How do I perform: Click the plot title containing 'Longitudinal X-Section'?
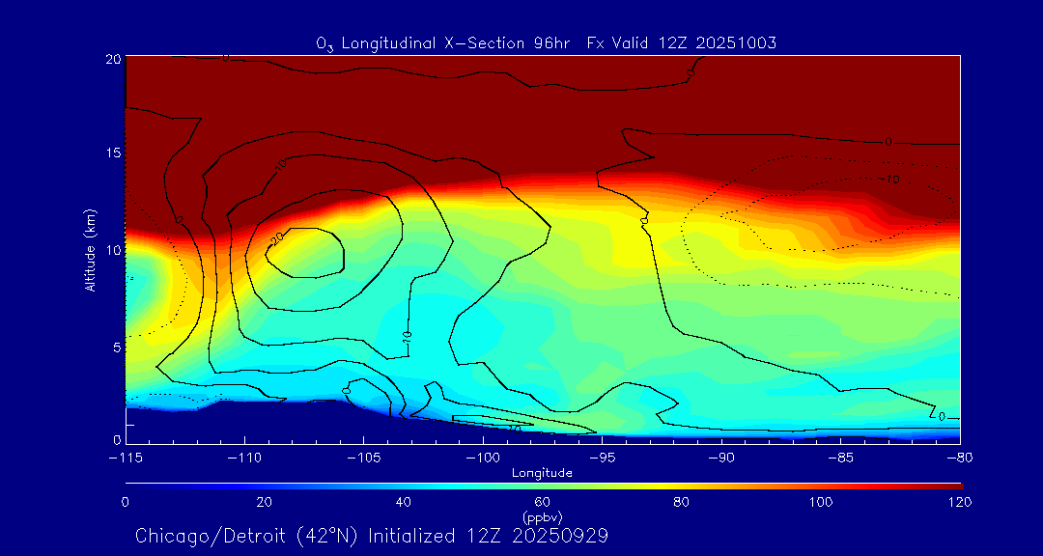point(547,42)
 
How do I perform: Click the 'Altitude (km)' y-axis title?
point(91,250)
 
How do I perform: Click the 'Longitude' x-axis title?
point(543,473)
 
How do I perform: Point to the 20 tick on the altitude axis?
point(112,59)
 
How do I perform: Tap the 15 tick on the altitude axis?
point(112,154)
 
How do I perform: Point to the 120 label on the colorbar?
point(960,502)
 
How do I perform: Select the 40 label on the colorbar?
point(404,502)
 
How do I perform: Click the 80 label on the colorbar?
point(683,502)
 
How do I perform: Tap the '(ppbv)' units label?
point(543,516)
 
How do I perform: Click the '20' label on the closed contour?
point(276,238)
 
